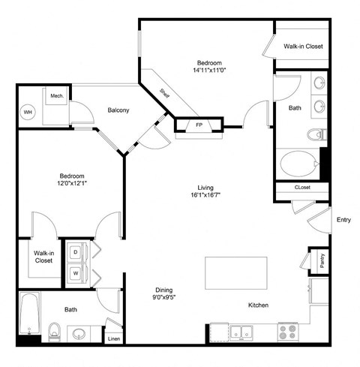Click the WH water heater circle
(28, 112)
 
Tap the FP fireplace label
(199, 124)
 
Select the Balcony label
(118, 110)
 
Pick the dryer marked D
(76, 252)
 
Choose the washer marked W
(76, 273)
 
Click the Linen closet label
(114, 339)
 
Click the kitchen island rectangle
(236, 274)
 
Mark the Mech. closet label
(56, 96)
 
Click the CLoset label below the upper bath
(303, 187)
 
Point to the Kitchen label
(259, 305)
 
